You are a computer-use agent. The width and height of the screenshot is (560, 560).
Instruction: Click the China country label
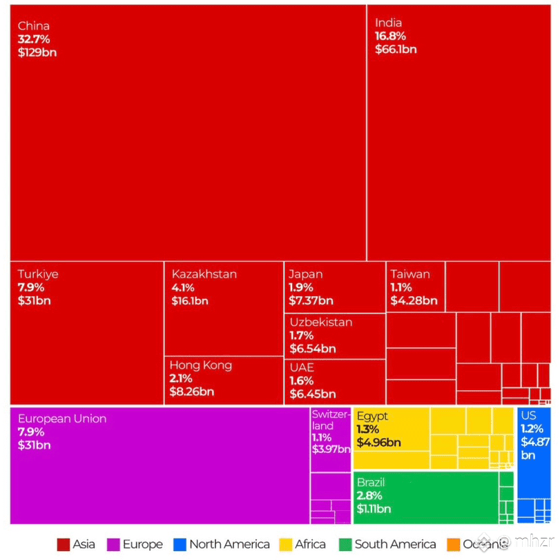pos(34,26)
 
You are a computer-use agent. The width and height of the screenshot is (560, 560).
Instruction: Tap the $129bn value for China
pos(37,52)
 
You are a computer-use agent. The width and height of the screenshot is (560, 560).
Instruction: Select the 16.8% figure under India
pos(390,36)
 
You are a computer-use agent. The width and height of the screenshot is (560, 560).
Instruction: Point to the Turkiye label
pos(38,274)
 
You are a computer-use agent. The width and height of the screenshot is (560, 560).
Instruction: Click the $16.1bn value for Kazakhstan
pos(190,301)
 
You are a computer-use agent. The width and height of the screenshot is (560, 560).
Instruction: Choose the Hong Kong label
pos(201,365)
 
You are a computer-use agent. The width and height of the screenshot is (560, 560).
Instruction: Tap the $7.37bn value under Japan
pos(311,300)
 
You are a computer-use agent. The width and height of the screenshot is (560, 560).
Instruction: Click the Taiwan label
pos(410,274)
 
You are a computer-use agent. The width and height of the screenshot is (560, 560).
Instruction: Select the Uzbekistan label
pos(321,322)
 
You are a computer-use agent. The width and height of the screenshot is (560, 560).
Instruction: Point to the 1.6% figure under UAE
pos(302,380)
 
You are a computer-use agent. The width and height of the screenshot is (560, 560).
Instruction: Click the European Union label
pos(62,418)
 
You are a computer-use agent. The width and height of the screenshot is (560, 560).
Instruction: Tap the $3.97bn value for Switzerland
pos(330,450)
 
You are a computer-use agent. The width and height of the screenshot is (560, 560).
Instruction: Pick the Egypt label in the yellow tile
pos(372,416)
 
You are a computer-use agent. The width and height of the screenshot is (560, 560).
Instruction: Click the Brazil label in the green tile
pos(371,483)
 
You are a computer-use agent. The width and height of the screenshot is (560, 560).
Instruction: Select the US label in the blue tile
pos(529,416)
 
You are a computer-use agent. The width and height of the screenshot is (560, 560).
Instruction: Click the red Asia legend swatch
pos(64,545)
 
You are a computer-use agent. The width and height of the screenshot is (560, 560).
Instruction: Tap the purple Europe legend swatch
pos(113,545)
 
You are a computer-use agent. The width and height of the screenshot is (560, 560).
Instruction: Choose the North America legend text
pos(229,545)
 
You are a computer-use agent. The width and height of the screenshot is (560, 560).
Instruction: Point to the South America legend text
pos(395,545)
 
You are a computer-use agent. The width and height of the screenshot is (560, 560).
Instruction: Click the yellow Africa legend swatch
pos(285,545)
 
